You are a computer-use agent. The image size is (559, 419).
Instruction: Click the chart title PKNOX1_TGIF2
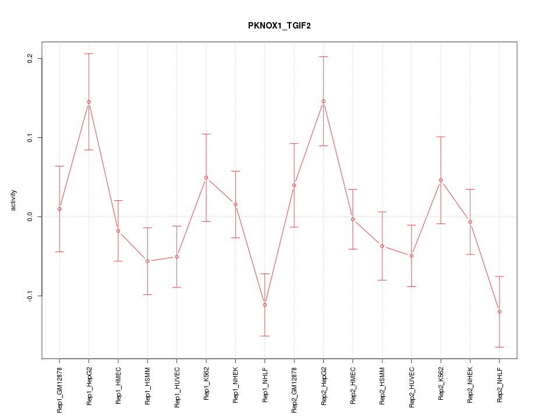point(279,26)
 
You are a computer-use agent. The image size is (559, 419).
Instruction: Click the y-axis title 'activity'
point(14,200)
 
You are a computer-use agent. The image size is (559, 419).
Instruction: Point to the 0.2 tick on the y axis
point(30,58)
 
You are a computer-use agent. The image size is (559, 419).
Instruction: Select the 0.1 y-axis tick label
point(30,137)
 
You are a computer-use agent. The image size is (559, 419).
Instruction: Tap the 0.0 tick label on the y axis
point(30,216)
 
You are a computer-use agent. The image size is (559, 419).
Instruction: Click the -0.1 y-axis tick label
point(30,296)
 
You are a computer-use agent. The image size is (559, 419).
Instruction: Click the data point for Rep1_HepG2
point(89,102)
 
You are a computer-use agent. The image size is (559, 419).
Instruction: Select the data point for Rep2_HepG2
point(324,101)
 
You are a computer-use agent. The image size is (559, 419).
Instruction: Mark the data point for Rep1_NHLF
point(265,305)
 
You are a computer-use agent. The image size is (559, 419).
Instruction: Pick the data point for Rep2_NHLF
point(500,312)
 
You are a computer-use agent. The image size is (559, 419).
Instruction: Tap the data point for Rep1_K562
point(206,177)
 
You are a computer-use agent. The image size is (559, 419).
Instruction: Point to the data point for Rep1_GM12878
point(59,209)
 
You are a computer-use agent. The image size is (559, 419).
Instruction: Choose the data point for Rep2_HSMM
point(382,246)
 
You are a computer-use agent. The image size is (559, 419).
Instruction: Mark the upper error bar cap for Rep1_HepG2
point(89,54)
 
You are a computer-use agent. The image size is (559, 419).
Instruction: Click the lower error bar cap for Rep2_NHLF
point(500,347)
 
